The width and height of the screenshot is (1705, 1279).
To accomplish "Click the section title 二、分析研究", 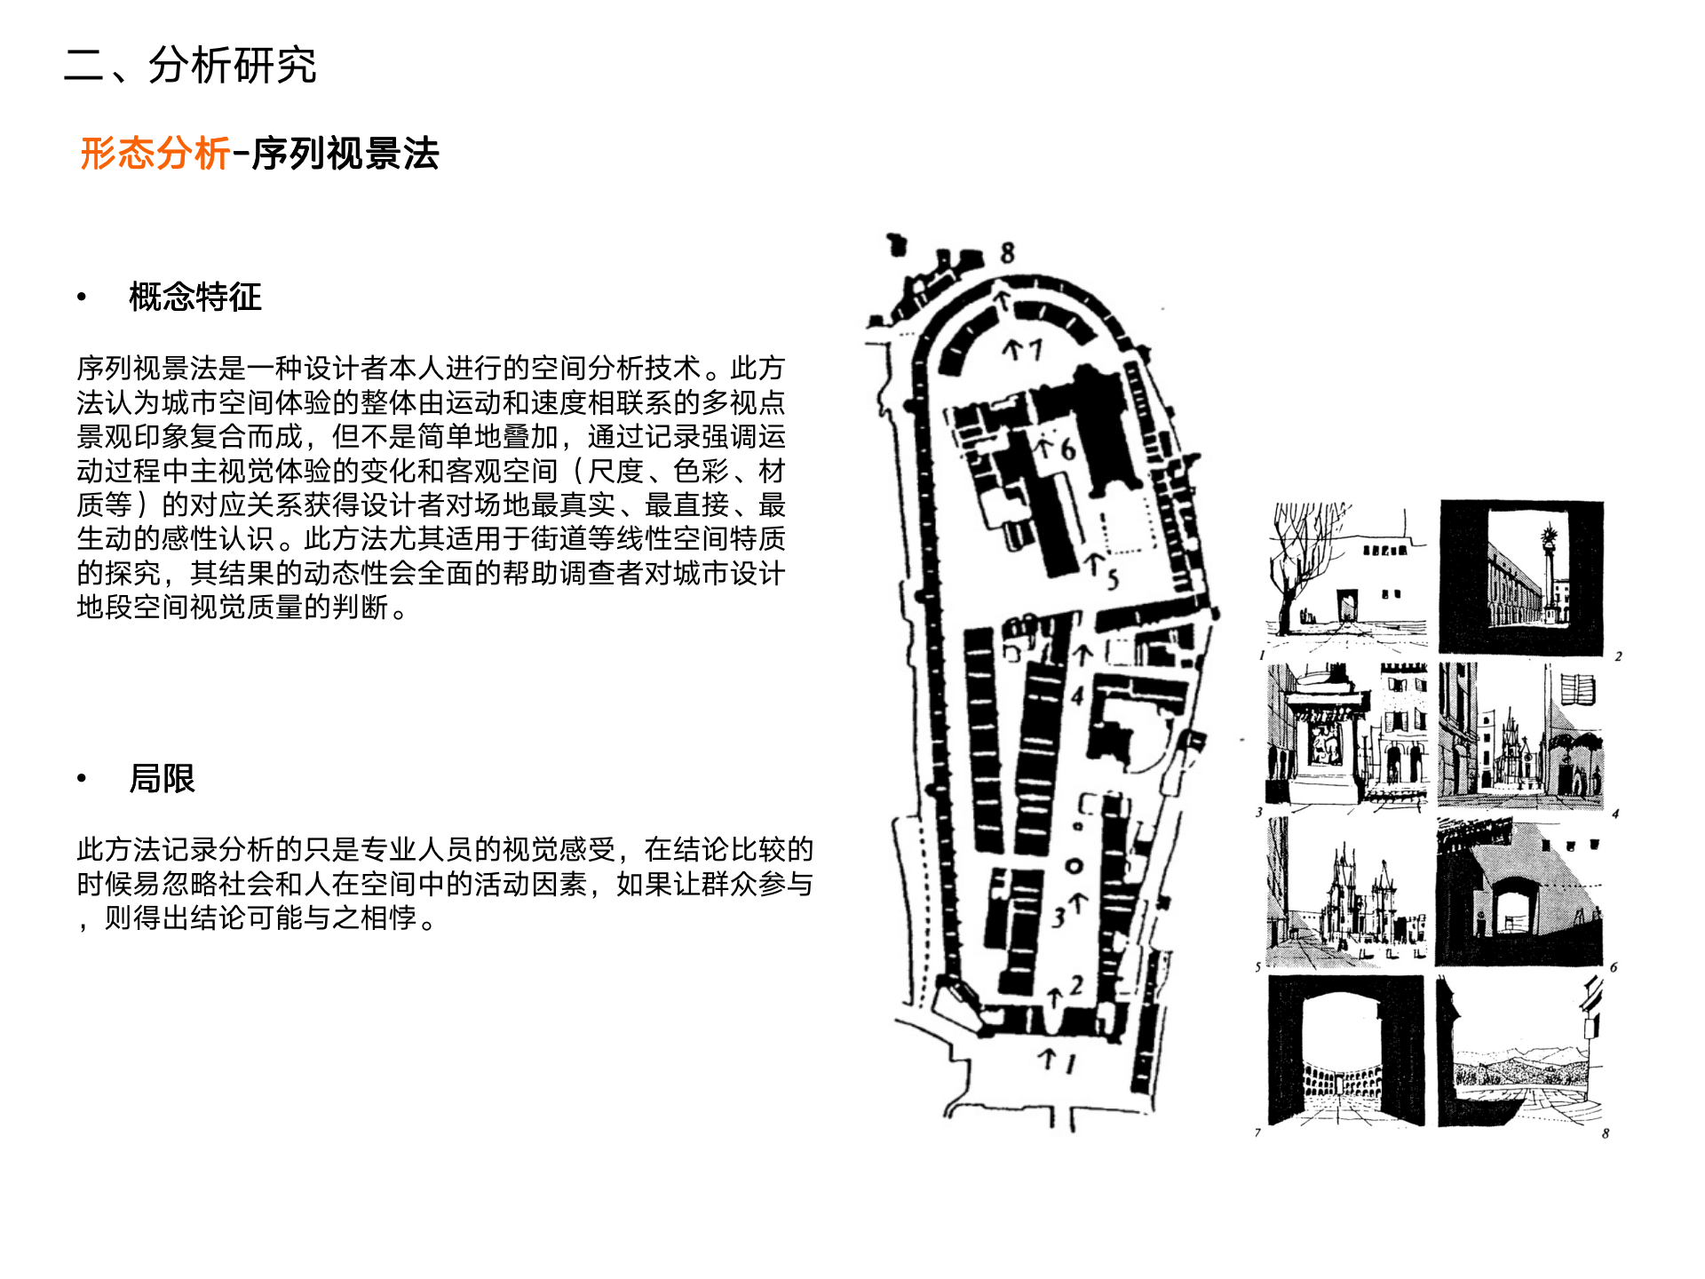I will tap(190, 66).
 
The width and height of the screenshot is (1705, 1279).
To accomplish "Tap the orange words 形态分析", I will tap(155, 154).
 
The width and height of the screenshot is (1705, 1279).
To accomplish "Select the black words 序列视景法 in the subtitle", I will tap(345, 154).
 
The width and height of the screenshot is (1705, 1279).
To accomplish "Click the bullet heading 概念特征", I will tap(195, 297).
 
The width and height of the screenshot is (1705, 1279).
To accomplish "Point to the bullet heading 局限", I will tap(162, 779).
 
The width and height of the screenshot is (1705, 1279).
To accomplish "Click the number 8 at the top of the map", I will tap(1007, 253).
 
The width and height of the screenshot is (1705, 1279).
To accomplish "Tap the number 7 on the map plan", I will tap(1035, 349).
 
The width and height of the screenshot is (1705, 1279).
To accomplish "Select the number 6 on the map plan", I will tap(1067, 449).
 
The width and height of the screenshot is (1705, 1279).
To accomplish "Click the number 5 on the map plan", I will tap(1112, 580).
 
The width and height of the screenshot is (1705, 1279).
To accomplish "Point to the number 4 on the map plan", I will tap(1078, 695).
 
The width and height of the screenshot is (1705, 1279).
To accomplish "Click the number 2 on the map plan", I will tap(1076, 985).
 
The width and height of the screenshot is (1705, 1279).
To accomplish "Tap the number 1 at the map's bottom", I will tap(1070, 1062).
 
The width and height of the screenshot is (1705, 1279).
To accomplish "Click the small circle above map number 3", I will tap(1075, 865).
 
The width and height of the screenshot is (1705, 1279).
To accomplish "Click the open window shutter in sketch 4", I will tap(1578, 689).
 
